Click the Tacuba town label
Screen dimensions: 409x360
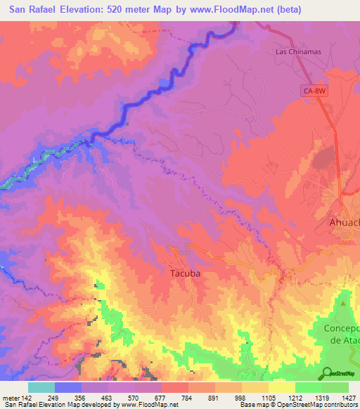pyautogui.click(x=186, y=274)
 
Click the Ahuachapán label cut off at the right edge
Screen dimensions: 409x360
pyautogui.click(x=345, y=222)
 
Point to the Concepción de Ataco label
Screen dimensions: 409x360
pyautogui.click(x=342, y=335)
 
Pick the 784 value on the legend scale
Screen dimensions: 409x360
pyautogui.click(x=188, y=398)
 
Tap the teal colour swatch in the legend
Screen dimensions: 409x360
pyautogui.click(x=41, y=387)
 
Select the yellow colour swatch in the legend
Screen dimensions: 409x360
pyautogui.click(x=282, y=387)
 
